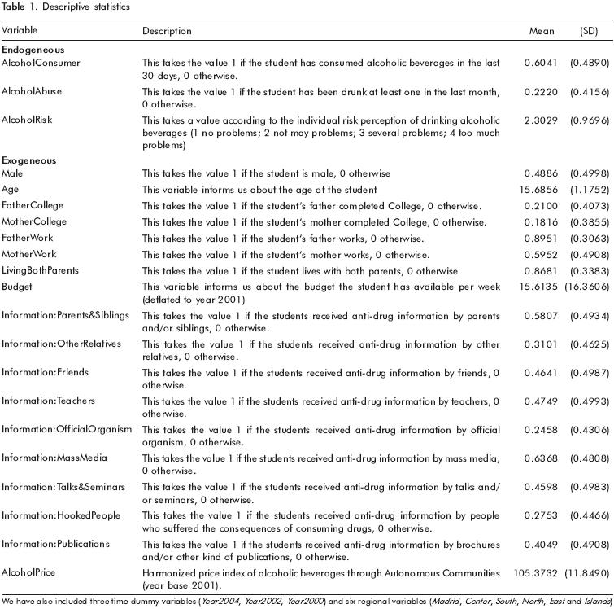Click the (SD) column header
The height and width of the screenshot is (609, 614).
587,31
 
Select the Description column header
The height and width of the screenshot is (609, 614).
167,31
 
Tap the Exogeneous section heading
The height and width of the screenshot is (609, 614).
28,160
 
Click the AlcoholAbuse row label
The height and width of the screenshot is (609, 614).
32,91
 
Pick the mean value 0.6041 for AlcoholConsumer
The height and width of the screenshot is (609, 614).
542,63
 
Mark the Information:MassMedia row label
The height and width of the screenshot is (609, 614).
54,458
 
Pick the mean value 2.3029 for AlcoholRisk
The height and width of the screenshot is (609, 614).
542,120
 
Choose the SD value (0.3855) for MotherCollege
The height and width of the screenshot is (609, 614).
587,222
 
